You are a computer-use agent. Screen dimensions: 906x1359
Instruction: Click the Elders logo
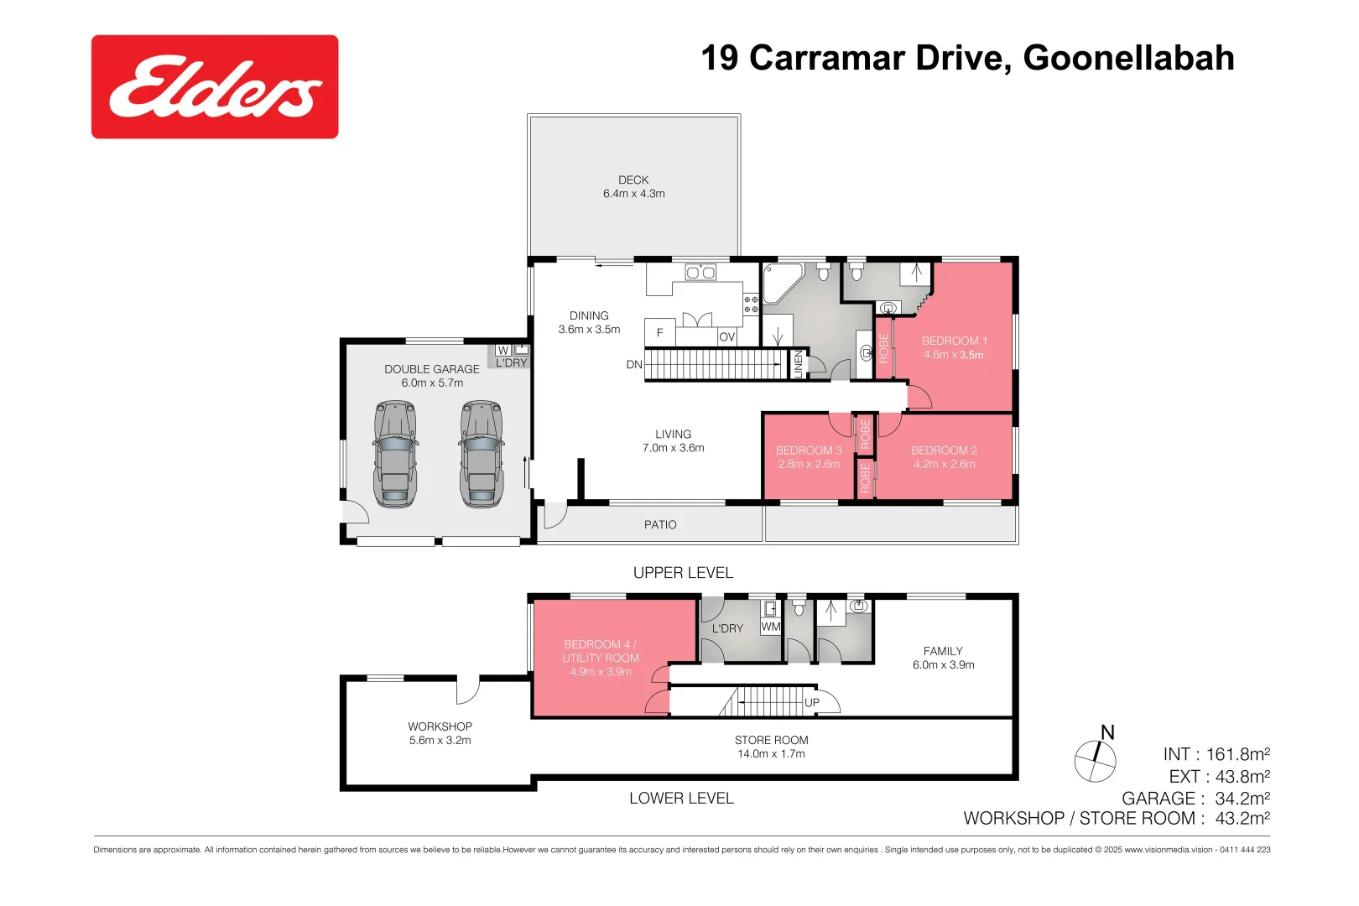[215, 86]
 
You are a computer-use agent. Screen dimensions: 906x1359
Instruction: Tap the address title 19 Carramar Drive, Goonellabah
[967, 58]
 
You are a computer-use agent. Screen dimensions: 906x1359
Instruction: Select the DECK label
[633, 180]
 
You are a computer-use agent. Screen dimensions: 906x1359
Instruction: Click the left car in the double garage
[395, 454]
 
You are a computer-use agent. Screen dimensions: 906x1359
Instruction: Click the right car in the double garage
[482, 454]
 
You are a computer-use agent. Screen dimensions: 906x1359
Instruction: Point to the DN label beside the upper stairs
[634, 364]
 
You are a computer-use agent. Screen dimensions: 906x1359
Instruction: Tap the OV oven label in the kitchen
[727, 336]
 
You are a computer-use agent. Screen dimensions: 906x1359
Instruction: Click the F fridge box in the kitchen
[660, 333]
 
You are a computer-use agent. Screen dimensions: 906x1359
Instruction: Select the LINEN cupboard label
[799, 363]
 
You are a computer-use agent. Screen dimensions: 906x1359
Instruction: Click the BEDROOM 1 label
[954, 341]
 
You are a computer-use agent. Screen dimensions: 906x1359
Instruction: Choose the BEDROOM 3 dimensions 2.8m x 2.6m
[809, 464]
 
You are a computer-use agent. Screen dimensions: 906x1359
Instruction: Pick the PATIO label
[660, 524]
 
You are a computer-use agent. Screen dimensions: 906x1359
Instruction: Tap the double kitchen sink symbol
[700, 272]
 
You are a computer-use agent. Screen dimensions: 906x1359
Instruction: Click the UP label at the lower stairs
[812, 702]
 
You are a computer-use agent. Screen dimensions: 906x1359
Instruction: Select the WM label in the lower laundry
[770, 627]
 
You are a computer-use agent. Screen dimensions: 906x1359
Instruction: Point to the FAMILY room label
[943, 651]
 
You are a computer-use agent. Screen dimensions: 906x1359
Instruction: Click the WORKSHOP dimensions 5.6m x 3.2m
[440, 740]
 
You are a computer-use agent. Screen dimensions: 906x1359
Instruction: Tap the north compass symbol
[1096, 760]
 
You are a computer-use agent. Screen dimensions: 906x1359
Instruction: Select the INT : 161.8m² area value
[1216, 754]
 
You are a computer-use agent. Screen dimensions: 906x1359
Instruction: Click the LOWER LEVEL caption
[681, 798]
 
